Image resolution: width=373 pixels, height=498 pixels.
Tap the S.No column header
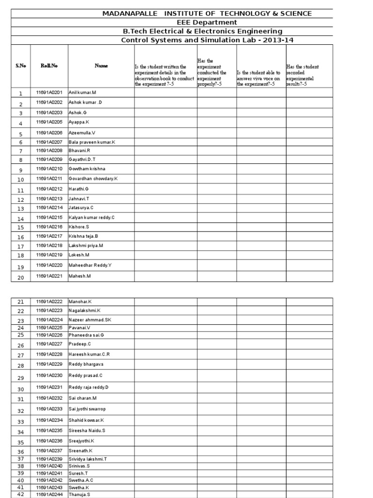tap(20, 66)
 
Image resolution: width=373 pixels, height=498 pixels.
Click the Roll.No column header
tap(49, 66)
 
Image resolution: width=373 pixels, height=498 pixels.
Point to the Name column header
tap(101, 66)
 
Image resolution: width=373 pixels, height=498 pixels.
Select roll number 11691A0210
tap(49, 169)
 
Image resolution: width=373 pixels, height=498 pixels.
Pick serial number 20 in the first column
tap(20, 278)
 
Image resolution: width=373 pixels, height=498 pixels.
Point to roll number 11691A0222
tap(49, 302)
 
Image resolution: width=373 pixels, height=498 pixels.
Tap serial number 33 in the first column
tap(20, 422)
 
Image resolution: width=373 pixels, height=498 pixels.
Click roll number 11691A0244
tap(49, 494)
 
